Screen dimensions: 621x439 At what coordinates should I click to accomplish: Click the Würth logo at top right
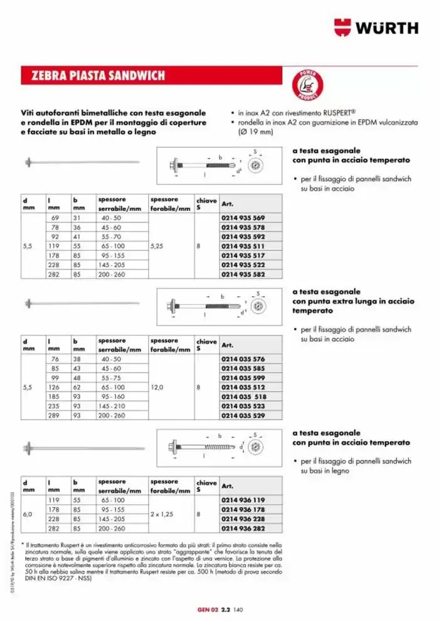pyautogui.click(x=375, y=28)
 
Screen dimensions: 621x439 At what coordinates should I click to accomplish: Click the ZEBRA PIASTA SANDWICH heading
pyautogui.click(x=94, y=76)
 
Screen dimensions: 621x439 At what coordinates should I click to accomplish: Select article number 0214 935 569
pyautogui.click(x=244, y=217)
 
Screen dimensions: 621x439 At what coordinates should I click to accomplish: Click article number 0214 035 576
pyautogui.click(x=244, y=358)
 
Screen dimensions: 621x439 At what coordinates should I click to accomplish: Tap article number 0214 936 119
pyautogui.click(x=244, y=499)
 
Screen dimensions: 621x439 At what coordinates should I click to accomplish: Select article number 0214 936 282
pyautogui.click(x=244, y=529)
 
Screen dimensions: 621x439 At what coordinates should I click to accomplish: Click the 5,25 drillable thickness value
pyautogui.click(x=157, y=247)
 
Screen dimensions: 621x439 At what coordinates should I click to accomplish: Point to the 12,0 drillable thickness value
pyautogui.click(x=157, y=388)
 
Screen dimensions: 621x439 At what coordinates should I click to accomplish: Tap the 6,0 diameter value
pyautogui.click(x=28, y=514)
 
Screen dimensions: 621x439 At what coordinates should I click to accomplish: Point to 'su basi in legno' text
pyautogui.click(x=325, y=470)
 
